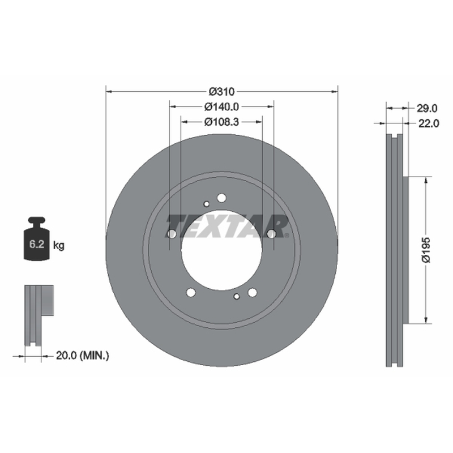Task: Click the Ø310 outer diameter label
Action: point(221,92)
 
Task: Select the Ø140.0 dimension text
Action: point(221,107)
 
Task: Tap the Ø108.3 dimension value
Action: point(221,122)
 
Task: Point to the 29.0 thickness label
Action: point(427,108)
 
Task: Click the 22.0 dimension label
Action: point(429,123)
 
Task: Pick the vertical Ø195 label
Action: point(426,250)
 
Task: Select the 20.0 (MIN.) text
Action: point(82,356)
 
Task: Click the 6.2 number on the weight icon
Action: point(36,244)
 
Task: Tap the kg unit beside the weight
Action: point(59,246)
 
